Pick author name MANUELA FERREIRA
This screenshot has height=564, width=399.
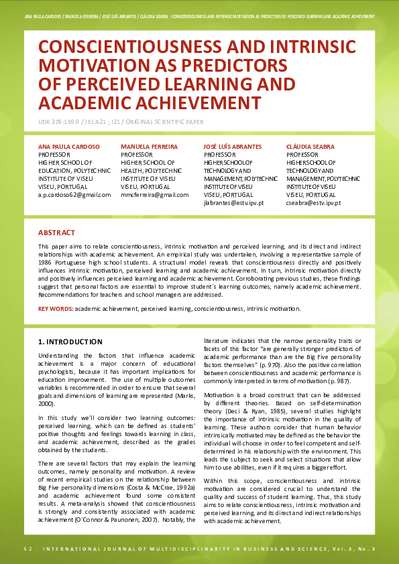click(x=149, y=146)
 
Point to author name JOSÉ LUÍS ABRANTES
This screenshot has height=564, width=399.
click(x=233, y=146)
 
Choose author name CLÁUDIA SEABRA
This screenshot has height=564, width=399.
click(x=310, y=146)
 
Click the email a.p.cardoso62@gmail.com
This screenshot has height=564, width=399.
click(x=74, y=194)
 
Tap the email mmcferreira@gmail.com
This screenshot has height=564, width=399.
click(x=154, y=194)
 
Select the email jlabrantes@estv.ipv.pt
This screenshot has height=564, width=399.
click(x=233, y=202)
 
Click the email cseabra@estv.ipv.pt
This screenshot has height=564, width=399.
click(x=313, y=202)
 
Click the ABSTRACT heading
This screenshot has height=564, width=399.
click(x=56, y=232)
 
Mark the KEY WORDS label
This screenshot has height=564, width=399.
click(x=56, y=309)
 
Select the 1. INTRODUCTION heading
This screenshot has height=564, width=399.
click(x=70, y=342)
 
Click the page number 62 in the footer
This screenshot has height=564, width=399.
click(x=27, y=549)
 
